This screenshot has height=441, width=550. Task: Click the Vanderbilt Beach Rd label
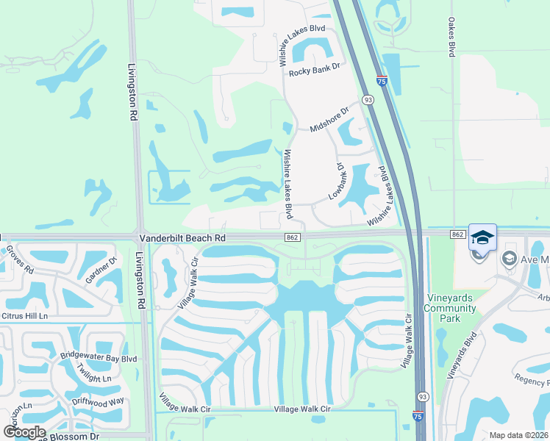tap(182, 238)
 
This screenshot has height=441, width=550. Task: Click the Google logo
tap(25, 432)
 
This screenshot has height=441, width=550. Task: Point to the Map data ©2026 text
tap(518, 435)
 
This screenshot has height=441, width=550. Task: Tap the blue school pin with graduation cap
tap(482, 237)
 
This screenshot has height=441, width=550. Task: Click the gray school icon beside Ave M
tap(509, 259)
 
